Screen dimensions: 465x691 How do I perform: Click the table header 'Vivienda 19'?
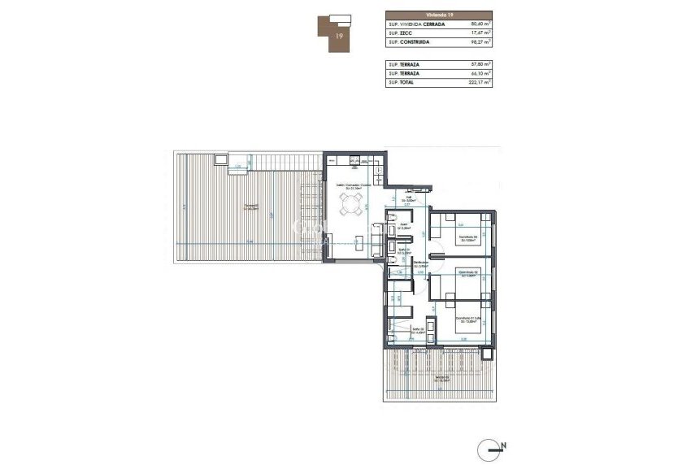pyautogui.click(x=439, y=15)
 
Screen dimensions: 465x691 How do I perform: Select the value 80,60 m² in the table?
pyautogui.click(x=481, y=24)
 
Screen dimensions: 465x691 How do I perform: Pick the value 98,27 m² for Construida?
pyautogui.click(x=481, y=42)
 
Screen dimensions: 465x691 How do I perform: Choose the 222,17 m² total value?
pyautogui.click(x=480, y=82)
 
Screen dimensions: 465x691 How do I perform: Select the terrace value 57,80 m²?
pyautogui.click(x=481, y=63)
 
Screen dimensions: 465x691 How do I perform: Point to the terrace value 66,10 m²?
pyautogui.click(x=481, y=72)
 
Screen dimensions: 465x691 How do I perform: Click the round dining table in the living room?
pyautogui.click(x=352, y=209)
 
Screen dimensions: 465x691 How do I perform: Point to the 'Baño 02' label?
pyautogui.click(x=418, y=329)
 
